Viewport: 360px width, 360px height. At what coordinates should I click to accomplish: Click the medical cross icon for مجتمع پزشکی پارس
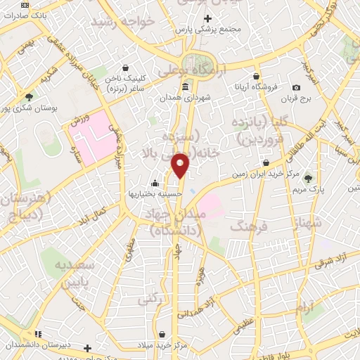(x=207, y=18)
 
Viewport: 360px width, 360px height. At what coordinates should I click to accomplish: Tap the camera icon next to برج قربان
(x=296, y=87)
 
